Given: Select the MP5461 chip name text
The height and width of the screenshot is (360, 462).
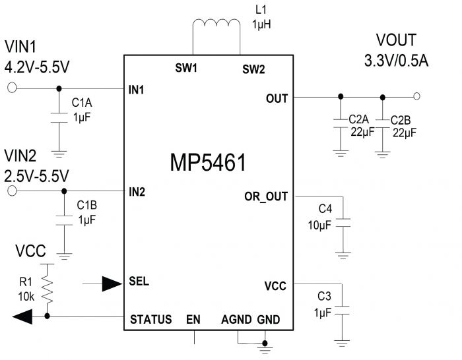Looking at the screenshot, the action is [x=208, y=162].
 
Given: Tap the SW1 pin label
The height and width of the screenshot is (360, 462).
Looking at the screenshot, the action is [x=186, y=68].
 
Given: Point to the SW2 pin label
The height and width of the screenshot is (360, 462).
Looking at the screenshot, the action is [x=253, y=69].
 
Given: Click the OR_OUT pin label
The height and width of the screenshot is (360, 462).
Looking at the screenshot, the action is [x=266, y=196].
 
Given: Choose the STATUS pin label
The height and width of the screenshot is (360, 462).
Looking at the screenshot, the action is [x=151, y=319].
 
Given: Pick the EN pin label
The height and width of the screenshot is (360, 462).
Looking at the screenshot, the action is [x=193, y=319].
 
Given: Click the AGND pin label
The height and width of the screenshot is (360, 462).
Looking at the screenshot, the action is [x=236, y=319].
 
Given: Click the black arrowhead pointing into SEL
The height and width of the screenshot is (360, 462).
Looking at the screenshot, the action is [x=112, y=284].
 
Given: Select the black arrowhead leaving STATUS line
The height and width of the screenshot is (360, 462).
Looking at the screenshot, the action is [x=22, y=316].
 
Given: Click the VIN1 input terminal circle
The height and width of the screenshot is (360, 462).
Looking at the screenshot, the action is [x=12, y=88].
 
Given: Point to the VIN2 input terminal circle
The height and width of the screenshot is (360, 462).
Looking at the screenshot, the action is [x=12, y=191].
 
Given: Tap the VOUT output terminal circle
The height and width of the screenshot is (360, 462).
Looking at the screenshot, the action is [x=416, y=96].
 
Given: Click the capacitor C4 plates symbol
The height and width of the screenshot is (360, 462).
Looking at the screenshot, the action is [x=343, y=223].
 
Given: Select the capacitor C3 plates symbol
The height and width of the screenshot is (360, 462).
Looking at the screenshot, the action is [x=342, y=311].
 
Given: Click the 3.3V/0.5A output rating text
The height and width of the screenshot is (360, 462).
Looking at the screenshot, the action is [x=396, y=61].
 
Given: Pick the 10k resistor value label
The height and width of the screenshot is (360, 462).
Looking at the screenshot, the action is [x=26, y=297].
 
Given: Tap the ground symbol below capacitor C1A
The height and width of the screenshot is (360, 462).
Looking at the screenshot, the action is [x=59, y=154].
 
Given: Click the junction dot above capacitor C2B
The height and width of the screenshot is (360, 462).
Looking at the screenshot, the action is [x=382, y=98].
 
